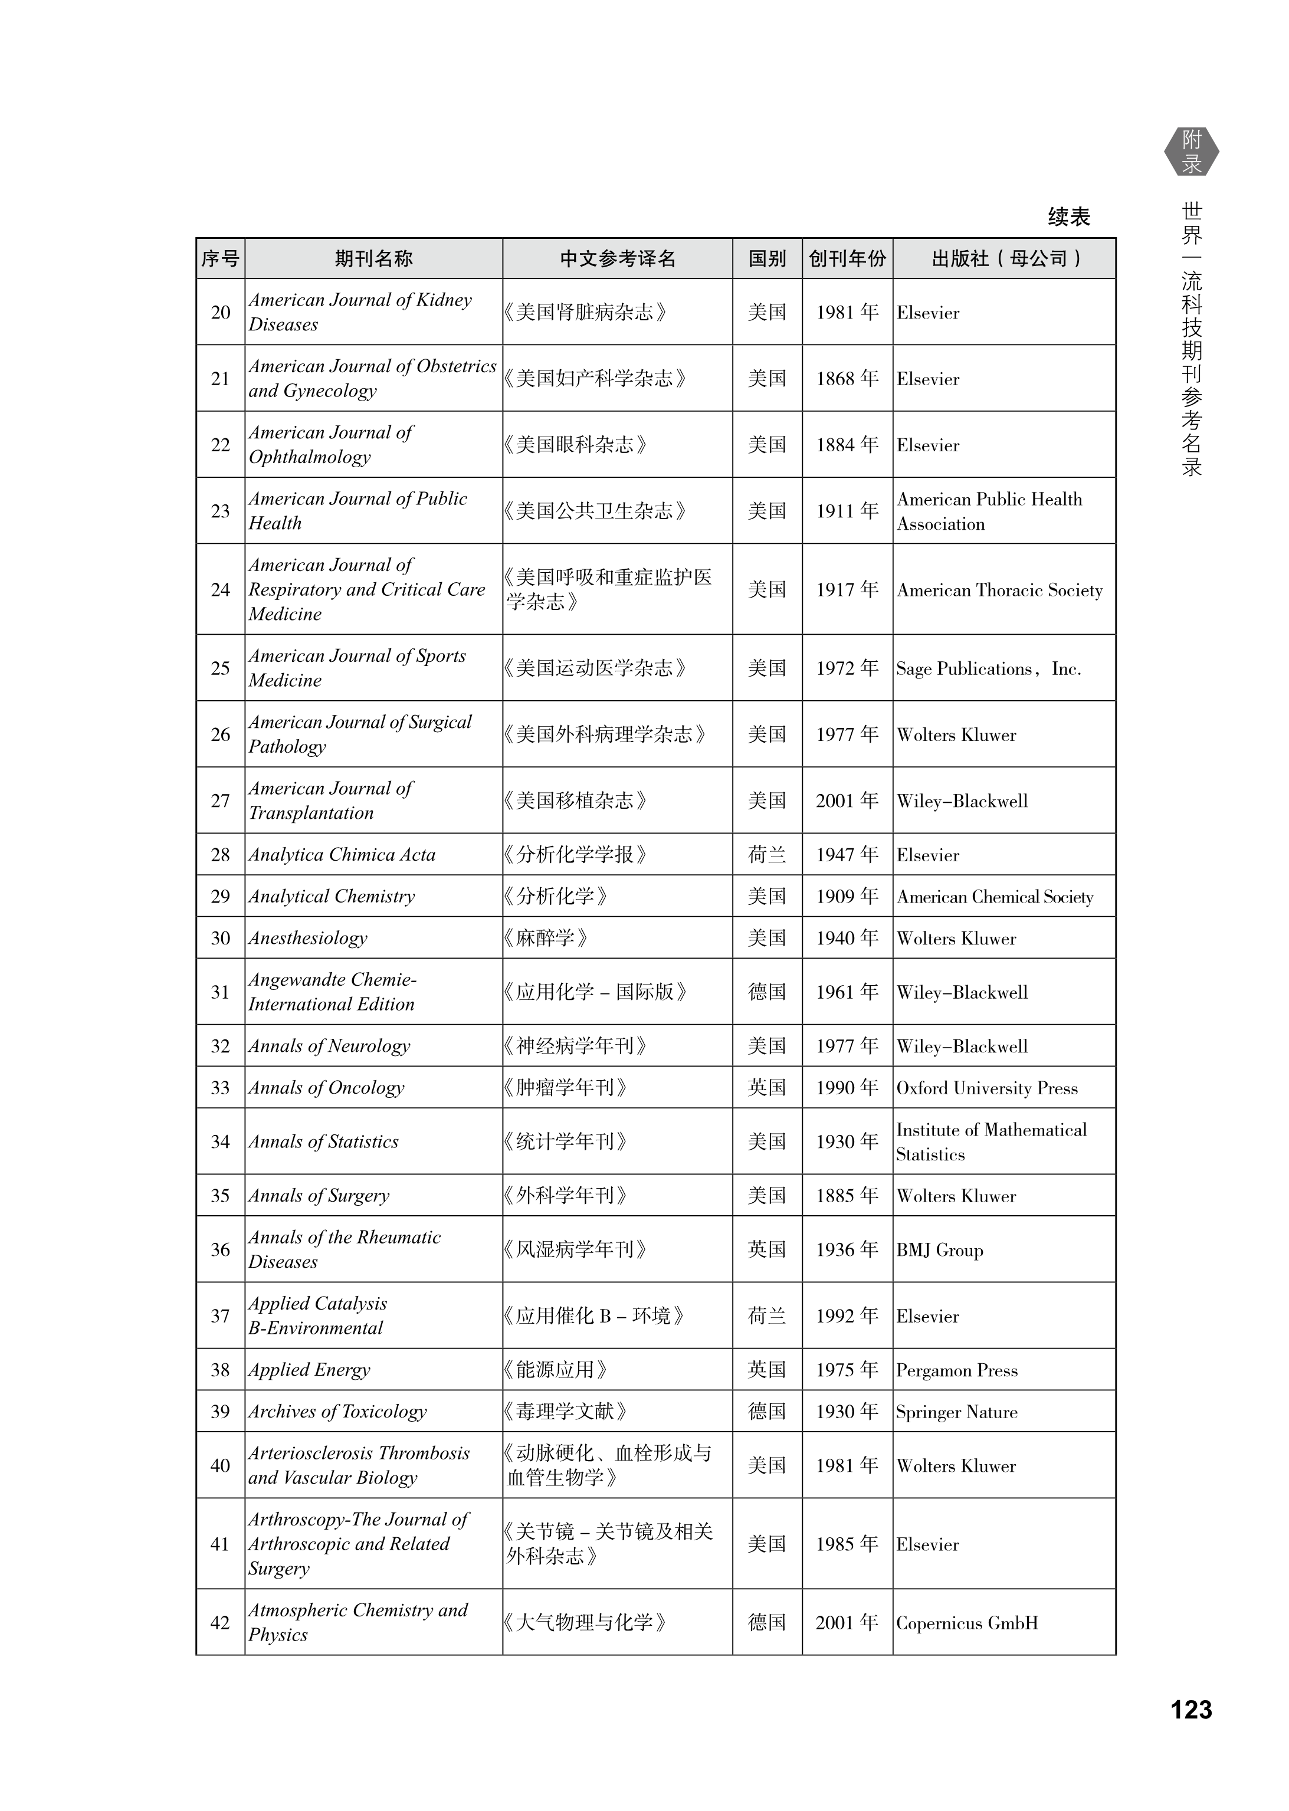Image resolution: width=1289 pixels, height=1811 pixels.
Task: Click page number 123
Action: (1190, 1708)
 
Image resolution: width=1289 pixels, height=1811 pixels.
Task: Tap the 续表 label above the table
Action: (1068, 216)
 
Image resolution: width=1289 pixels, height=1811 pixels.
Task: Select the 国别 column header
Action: (767, 259)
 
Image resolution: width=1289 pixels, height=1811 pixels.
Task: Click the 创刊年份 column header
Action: (847, 259)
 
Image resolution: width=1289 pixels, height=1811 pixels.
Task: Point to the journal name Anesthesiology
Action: (308, 938)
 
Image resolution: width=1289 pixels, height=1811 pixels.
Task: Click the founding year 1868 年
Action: (847, 379)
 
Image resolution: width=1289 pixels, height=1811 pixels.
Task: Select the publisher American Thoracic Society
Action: (999, 590)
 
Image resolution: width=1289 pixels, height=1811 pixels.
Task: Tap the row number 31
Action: (220, 992)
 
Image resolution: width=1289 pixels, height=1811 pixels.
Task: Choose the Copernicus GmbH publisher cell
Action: (967, 1623)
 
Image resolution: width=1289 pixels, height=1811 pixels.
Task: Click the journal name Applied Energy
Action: (310, 1370)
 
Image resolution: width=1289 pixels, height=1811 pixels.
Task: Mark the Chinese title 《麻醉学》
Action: (546, 938)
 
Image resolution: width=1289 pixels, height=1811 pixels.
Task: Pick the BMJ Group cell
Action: (940, 1250)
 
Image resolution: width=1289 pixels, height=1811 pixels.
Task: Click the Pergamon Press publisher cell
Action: (956, 1370)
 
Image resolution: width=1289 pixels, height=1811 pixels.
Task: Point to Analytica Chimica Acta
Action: (342, 855)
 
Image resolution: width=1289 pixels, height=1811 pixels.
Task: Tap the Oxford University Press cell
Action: (986, 1088)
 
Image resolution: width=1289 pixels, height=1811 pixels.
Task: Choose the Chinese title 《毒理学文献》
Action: (566, 1412)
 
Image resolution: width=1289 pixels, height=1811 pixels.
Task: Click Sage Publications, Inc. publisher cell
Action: (988, 669)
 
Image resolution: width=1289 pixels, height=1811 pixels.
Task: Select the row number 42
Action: (220, 1623)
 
